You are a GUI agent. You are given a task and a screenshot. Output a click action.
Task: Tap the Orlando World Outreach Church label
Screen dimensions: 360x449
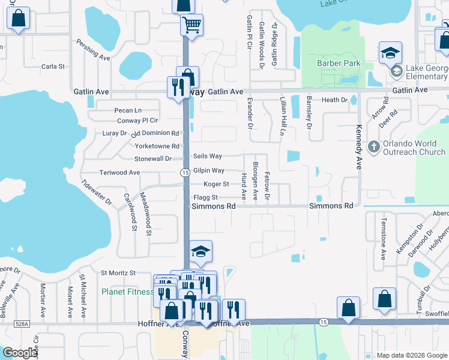tap(414, 148)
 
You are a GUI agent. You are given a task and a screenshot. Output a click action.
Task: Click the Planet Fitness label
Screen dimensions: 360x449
tap(127, 292)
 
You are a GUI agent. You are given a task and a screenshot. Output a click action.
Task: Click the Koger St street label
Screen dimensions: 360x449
tap(216, 184)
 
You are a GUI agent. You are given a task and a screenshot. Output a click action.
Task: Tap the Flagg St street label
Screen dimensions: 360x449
tap(205, 197)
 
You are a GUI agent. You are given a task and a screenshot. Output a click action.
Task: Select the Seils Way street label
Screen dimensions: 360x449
tap(208, 156)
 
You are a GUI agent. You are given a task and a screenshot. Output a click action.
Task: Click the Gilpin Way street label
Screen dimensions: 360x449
tap(208, 170)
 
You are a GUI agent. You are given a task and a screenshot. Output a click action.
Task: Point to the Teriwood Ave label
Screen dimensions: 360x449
tap(119, 172)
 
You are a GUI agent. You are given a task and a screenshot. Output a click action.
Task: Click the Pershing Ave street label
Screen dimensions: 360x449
tap(93, 50)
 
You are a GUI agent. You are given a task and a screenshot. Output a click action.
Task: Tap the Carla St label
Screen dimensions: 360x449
tap(53, 66)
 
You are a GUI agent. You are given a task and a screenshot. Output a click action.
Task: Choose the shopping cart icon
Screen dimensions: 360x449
tap(192, 25)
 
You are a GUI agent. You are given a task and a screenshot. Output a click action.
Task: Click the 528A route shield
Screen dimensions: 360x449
tap(22, 323)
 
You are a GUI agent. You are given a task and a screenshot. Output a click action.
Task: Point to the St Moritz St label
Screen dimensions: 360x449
tap(118, 273)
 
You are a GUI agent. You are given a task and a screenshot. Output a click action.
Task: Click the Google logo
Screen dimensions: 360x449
tap(20, 353)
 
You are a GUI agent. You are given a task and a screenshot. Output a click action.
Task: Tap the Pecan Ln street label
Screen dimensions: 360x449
tap(128, 110)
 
